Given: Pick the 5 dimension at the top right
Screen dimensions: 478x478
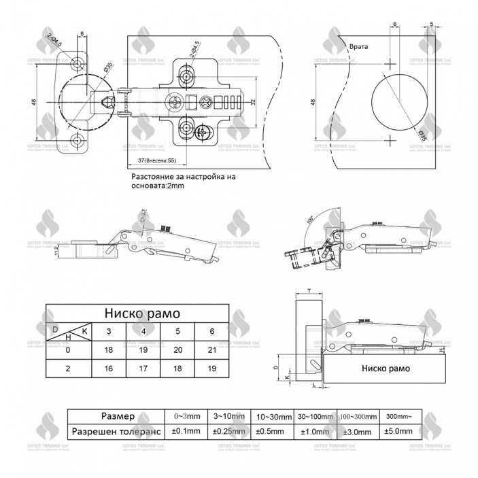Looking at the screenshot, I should coord(432,24).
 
